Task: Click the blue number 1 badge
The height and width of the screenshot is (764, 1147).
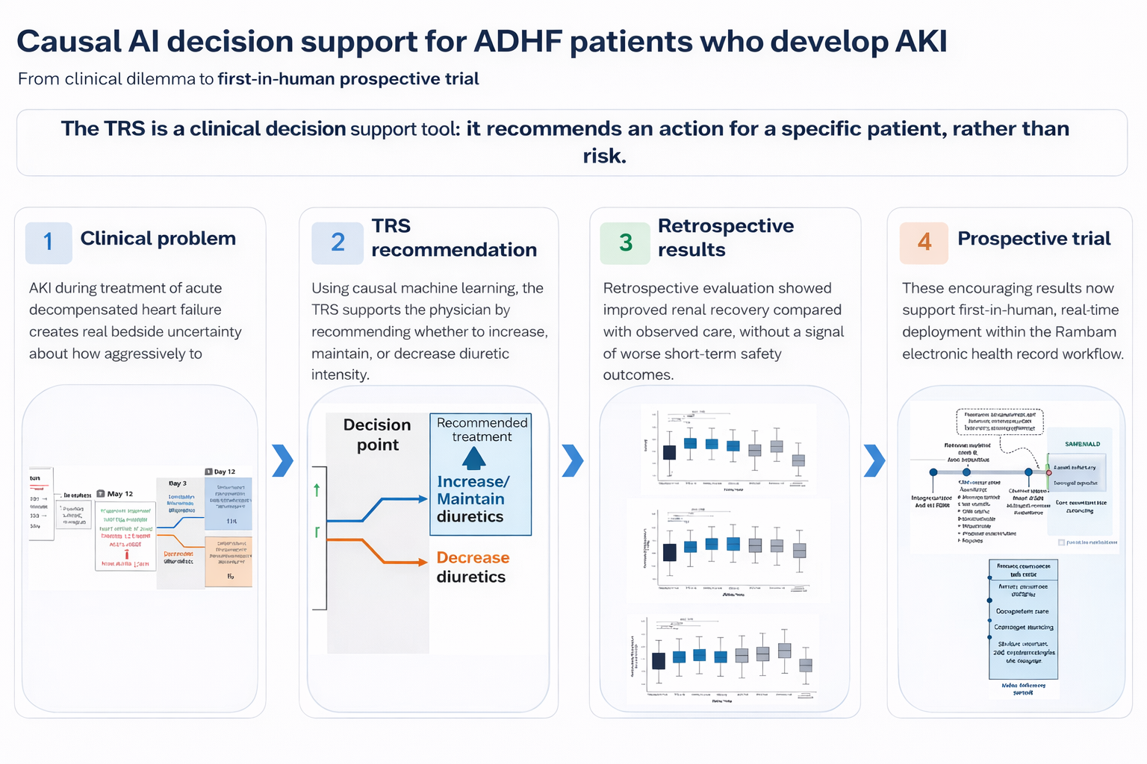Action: coord(49,242)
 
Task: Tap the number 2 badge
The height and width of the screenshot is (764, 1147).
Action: coord(338,242)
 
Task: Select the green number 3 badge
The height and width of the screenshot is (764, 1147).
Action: coord(626,242)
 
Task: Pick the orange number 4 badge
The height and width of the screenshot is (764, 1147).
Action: coord(924,242)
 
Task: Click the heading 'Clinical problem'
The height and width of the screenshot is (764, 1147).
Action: coord(158,239)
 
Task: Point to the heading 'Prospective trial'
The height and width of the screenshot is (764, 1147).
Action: coord(1033,239)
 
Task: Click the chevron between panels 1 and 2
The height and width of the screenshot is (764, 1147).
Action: coord(282,460)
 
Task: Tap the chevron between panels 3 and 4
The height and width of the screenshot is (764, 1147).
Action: coord(874,460)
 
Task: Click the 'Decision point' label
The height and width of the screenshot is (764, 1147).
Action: coord(377,434)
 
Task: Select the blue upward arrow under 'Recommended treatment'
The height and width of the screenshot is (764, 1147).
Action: coord(473,457)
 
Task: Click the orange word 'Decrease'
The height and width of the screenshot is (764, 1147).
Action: coord(473,557)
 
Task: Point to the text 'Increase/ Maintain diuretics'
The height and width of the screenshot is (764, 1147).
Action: coord(473,499)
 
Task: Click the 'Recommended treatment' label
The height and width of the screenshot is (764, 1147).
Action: coord(482,430)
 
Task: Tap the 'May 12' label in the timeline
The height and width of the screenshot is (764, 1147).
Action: coord(119,494)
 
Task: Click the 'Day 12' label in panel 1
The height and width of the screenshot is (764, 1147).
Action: coord(224,472)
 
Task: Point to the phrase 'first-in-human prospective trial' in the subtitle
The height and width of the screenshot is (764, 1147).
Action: coord(348,79)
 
